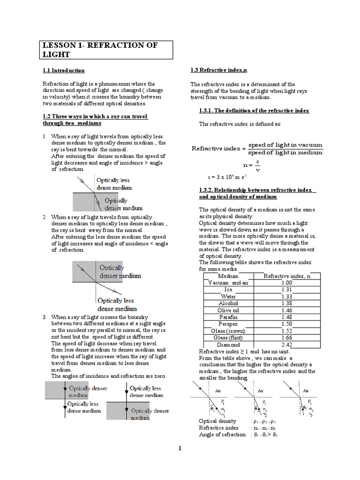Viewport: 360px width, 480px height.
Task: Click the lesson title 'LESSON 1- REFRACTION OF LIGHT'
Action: [100, 50]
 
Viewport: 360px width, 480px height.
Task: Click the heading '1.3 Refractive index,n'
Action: [218, 70]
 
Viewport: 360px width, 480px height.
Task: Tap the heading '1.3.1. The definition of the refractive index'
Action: [254, 111]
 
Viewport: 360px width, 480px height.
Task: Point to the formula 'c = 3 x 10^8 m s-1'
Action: [227, 177]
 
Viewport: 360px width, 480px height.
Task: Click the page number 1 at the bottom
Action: [180, 449]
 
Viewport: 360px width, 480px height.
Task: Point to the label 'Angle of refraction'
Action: [222, 435]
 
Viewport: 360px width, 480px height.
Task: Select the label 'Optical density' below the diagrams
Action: [218, 421]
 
